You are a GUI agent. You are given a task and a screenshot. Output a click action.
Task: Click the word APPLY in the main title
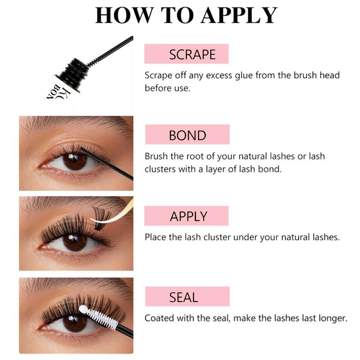coord(239,15)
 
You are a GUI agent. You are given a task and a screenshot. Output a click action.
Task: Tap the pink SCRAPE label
coord(186,54)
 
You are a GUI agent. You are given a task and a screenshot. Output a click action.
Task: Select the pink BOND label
coord(187,135)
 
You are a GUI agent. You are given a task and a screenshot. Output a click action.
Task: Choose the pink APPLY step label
coord(186,216)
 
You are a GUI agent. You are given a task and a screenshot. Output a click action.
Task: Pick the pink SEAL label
coord(187,297)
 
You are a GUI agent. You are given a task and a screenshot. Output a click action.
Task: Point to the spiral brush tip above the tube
coord(94,62)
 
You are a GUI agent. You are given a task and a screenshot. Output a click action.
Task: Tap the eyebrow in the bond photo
coord(76,125)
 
